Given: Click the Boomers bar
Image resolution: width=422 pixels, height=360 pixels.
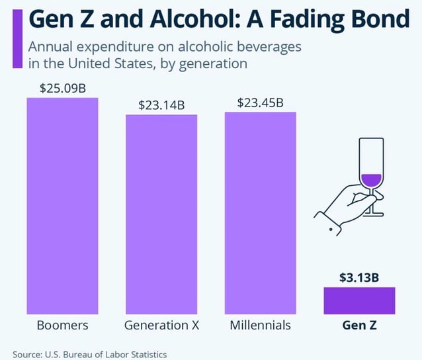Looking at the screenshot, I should (x=62, y=206).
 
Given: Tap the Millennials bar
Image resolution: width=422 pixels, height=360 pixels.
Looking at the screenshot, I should (x=260, y=212).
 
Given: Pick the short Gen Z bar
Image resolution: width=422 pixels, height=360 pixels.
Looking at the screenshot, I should (x=359, y=300).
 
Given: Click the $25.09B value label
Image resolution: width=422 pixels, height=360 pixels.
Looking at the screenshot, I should (x=62, y=88).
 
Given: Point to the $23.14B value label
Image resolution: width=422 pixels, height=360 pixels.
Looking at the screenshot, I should (x=161, y=105).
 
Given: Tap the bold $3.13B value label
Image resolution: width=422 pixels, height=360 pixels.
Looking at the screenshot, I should (x=359, y=277).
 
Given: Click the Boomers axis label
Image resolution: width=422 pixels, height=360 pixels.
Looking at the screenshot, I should (x=62, y=326).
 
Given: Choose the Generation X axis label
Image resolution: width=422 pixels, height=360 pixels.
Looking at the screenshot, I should (x=161, y=326).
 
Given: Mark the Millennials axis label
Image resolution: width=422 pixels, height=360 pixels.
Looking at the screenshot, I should (x=260, y=326).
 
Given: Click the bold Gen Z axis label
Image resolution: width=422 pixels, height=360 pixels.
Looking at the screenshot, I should (x=359, y=326).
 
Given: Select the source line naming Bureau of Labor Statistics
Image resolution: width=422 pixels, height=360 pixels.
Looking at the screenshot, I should (x=90, y=355).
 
